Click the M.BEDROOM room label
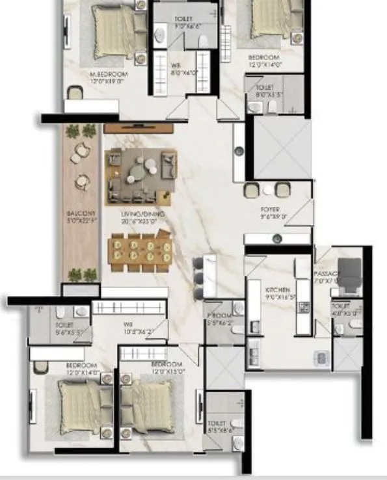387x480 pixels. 108,74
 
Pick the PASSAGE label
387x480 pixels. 325,274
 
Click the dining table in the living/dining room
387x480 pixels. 141,252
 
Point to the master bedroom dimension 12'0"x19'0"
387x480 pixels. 108,82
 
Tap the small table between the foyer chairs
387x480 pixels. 267,190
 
